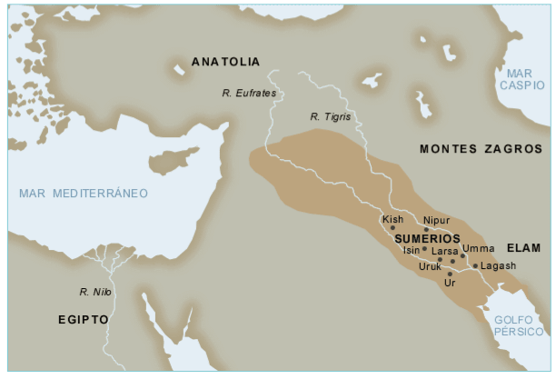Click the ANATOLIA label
[x=225, y=62]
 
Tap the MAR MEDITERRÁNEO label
[x=83, y=194]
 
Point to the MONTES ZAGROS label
[x=481, y=148]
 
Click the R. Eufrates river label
[x=248, y=93]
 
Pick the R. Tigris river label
[x=330, y=116]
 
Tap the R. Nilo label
[x=94, y=292]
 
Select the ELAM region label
[x=523, y=247]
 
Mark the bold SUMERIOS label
[x=427, y=237]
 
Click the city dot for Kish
[x=392, y=228]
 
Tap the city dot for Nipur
[x=425, y=230]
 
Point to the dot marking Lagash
[x=474, y=265]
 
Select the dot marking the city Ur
[x=450, y=274]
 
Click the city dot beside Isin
[x=424, y=248]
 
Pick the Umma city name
[x=478, y=249]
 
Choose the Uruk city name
[x=430, y=266]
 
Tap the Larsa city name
[x=445, y=250]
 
